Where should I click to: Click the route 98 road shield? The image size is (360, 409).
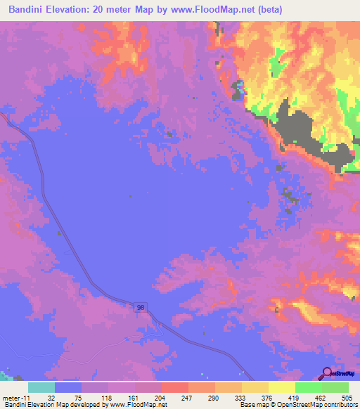[141, 308]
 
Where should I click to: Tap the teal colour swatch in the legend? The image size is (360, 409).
[41, 387]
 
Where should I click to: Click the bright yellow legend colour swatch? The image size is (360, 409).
[282, 387]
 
